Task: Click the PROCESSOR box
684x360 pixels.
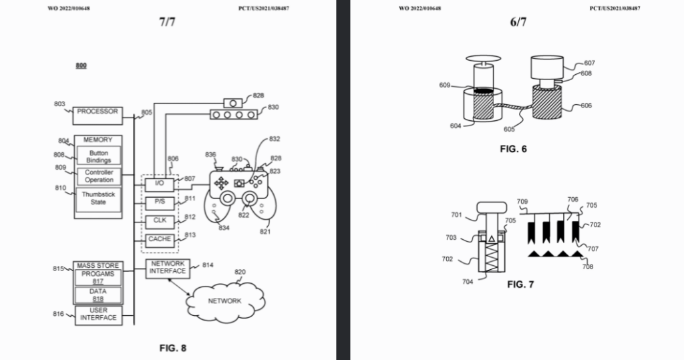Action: click(x=98, y=115)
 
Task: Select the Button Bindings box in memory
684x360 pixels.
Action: click(x=99, y=156)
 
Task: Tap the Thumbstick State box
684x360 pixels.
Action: click(x=99, y=200)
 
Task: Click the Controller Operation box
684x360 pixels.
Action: click(x=99, y=176)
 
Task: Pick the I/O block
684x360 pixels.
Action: click(x=160, y=184)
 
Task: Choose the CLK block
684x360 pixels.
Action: click(x=160, y=222)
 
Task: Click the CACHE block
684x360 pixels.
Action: click(x=160, y=240)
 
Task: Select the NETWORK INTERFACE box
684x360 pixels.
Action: click(x=168, y=268)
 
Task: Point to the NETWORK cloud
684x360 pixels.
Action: click(x=225, y=301)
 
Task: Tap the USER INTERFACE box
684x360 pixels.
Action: click(x=99, y=315)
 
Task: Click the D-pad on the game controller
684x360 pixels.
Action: click(x=221, y=183)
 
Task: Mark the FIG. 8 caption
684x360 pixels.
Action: click(x=173, y=348)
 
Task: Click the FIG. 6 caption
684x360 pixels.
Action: click(x=514, y=149)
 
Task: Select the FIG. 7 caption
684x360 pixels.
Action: click(x=520, y=285)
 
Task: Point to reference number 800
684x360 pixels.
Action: click(x=81, y=65)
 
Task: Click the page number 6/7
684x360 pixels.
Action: click(x=518, y=22)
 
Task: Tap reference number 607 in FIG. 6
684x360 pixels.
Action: click(x=589, y=63)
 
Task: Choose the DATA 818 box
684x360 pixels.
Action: click(x=98, y=295)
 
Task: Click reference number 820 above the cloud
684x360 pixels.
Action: click(x=240, y=272)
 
